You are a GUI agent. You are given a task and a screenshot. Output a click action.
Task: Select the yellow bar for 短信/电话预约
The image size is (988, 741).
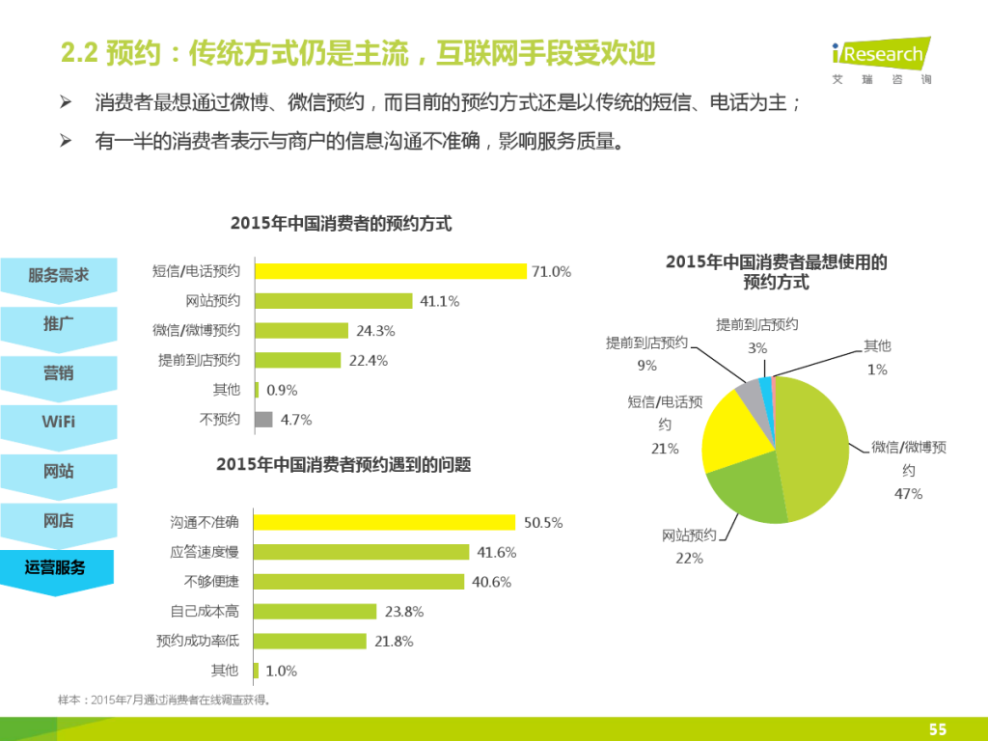390,271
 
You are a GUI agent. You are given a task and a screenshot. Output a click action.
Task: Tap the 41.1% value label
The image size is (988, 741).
440,301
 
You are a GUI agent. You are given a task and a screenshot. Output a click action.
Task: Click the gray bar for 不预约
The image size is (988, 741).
263,420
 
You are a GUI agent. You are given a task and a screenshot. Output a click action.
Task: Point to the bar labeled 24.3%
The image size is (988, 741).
301,331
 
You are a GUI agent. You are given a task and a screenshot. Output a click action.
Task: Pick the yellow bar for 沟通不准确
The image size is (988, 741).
384,522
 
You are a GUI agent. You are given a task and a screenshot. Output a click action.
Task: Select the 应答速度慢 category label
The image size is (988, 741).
205,552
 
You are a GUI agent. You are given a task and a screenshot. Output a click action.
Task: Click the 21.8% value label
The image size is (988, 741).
394,641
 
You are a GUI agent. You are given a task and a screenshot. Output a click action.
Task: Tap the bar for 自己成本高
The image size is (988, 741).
315,611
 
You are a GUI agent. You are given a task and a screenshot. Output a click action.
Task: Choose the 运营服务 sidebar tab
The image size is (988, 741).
56,568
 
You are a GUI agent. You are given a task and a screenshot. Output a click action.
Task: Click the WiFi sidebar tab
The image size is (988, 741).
58,423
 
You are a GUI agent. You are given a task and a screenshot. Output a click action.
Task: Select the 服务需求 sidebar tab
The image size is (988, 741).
58,276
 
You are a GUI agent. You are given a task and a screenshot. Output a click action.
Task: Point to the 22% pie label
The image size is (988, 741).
689,558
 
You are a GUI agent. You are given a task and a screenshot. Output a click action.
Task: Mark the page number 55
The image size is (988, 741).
937,729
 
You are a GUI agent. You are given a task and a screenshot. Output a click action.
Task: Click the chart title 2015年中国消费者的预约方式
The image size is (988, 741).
341,224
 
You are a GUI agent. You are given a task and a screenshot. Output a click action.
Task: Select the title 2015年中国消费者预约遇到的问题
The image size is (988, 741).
343,465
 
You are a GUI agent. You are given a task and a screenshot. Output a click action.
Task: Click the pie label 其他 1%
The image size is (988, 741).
877,357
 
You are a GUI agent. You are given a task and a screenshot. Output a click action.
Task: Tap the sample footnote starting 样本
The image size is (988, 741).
165,699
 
